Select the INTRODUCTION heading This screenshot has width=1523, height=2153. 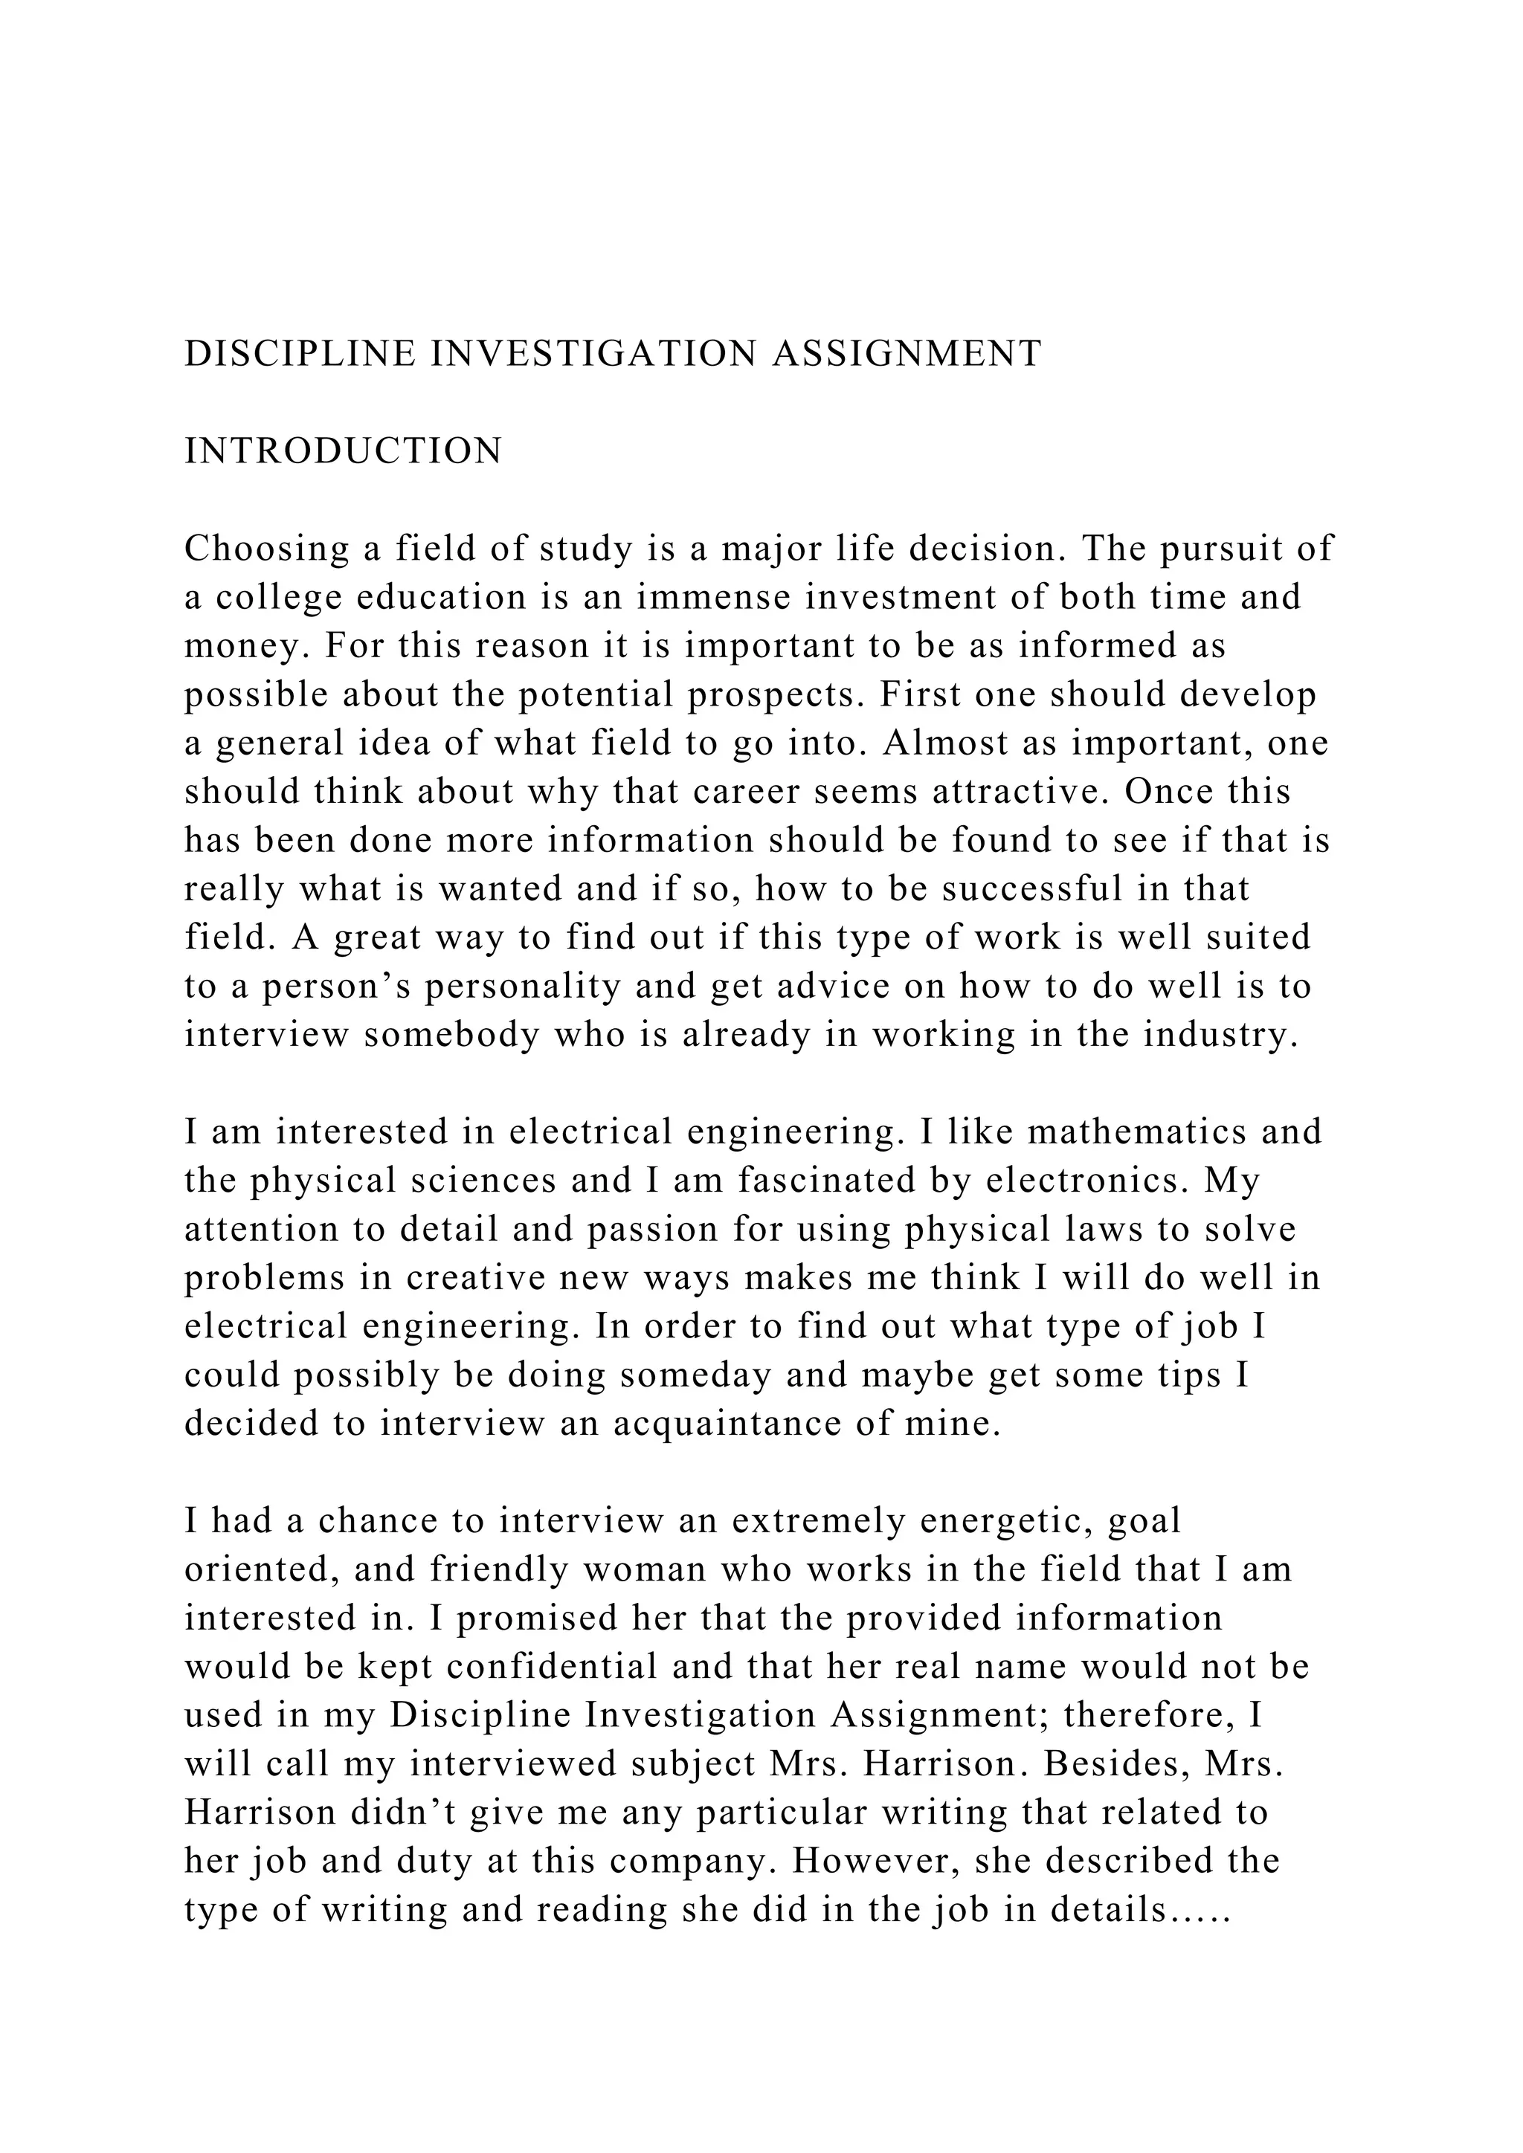pyautogui.click(x=344, y=451)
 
